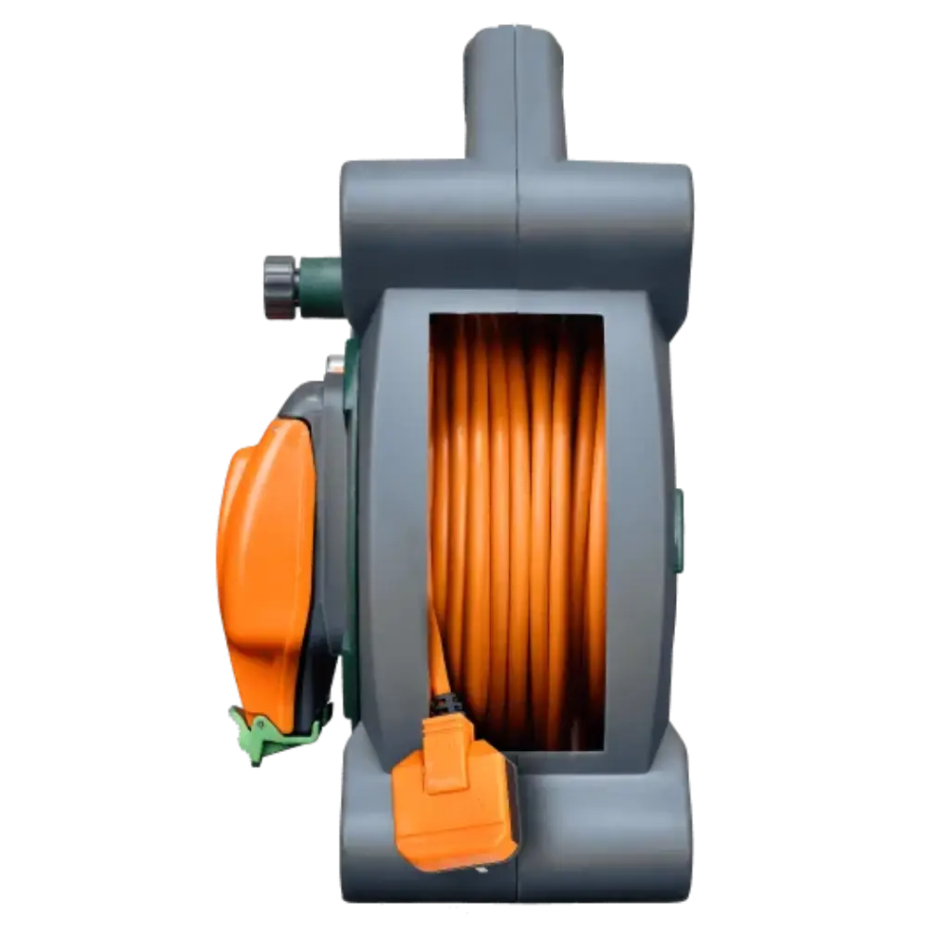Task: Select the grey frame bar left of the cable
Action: click(394, 519)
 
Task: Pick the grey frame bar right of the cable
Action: click(639, 519)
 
